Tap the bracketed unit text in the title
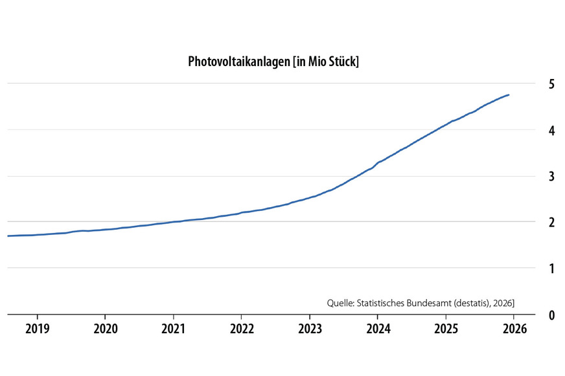pyautogui.click(x=326, y=62)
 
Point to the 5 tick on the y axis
pyautogui.click(x=533, y=84)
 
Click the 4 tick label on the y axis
pyautogui.click(x=533, y=130)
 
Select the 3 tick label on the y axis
pyautogui.click(x=533, y=176)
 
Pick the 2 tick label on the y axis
pyautogui.click(x=533, y=222)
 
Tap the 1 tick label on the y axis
pyautogui.click(x=533, y=268)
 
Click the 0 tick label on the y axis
pyautogui.click(x=533, y=315)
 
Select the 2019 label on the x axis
pyautogui.click(x=38, y=329)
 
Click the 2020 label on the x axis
pyautogui.click(x=106, y=329)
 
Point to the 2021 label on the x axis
pyautogui.click(x=174, y=329)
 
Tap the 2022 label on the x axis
pyautogui.click(x=242, y=329)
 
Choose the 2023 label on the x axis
pyautogui.click(x=310, y=329)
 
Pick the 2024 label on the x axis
pyautogui.click(x=378, y=329)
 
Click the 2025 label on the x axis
pyautogui.click(x=446, y=329)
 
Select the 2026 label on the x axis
pyautogui.click(x=514, y=329)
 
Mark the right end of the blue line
pyautogui.click(x=509, y=95)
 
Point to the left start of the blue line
pyautogui.click(x=8, y=236)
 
